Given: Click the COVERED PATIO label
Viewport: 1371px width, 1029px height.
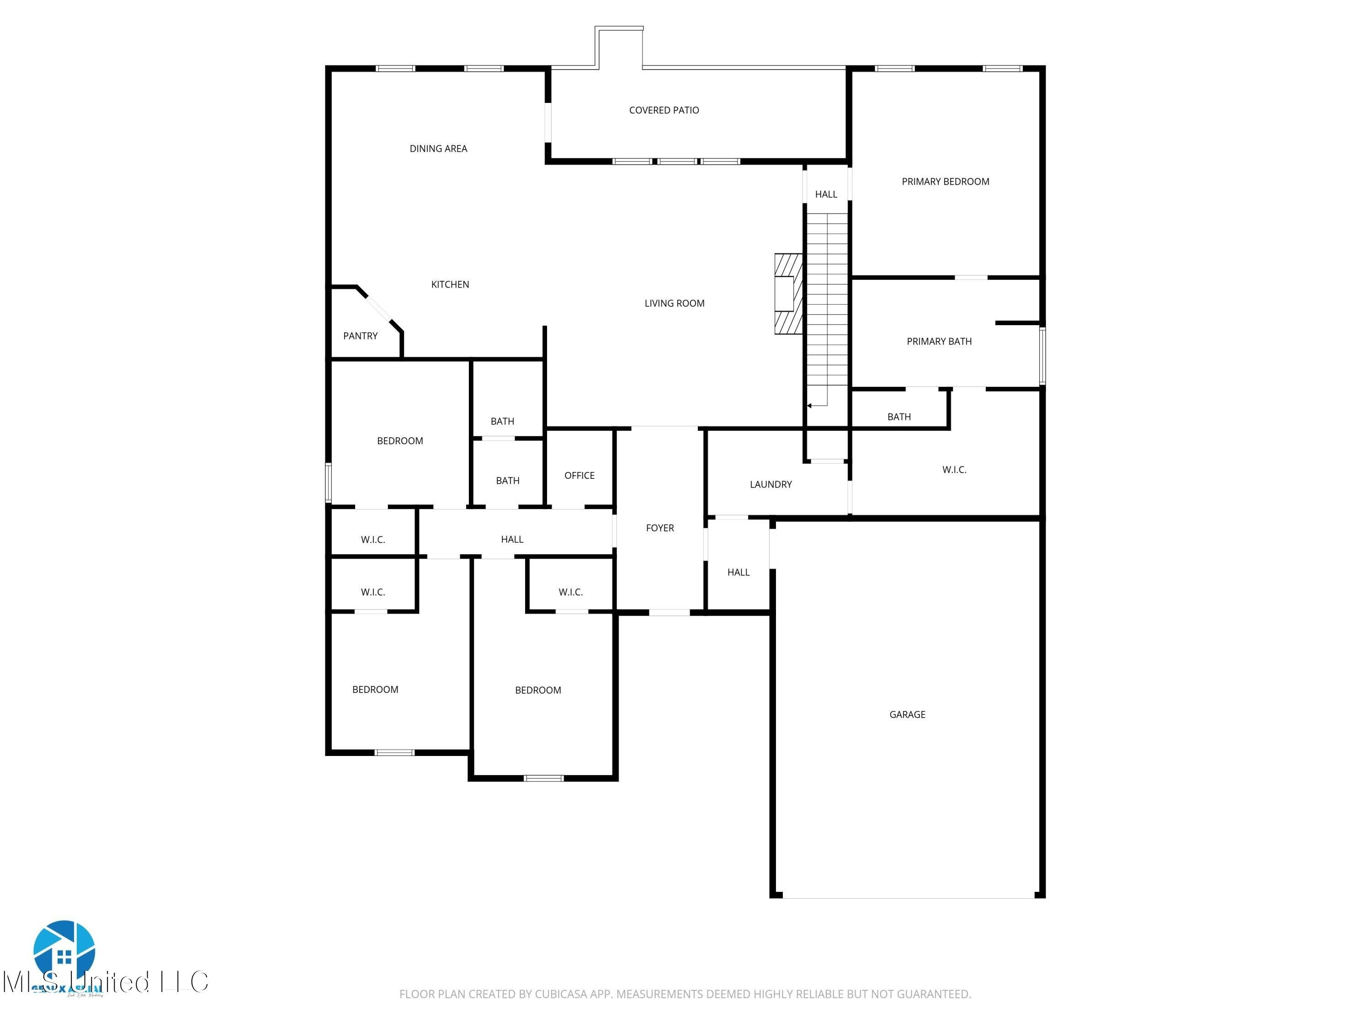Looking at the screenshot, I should pyautogui.click(x=664, y=110).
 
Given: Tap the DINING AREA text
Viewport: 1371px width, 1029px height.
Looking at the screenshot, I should pyautogui.click(x=438, y=149).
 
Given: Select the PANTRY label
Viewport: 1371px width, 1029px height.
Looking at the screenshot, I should pyautogui.click(x=360, y=336).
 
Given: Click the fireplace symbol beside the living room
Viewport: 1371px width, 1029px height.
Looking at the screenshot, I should pyautogui.click(x=788, y=294).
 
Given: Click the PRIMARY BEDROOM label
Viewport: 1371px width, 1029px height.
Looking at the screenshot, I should pyautogui.click(x=945, y=182).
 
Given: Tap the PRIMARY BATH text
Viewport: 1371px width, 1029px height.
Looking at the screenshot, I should pyautogui.click(x=939, y=342).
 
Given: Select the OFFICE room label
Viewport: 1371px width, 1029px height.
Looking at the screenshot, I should pyautogui.click(x=579, y=476).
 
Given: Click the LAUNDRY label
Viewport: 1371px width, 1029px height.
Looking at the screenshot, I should pyautogui.click(x=771, y=484).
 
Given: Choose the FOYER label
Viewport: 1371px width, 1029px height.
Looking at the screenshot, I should pyautogui.click(x=659, y=528).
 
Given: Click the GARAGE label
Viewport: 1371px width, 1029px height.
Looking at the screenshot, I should pyautogui.click(x=907, y=714).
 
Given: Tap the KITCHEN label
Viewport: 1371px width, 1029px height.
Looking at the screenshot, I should pyautogui.click(x=450, y=285).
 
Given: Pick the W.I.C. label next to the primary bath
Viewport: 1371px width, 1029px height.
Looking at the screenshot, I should pyautogui.click(x=954, y=470).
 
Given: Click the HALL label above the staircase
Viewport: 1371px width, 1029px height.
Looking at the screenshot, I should pyautogui.click(x=826, y=195).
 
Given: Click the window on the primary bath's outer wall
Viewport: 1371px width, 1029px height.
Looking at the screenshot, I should pyautogui.click(x=1042, y=357).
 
